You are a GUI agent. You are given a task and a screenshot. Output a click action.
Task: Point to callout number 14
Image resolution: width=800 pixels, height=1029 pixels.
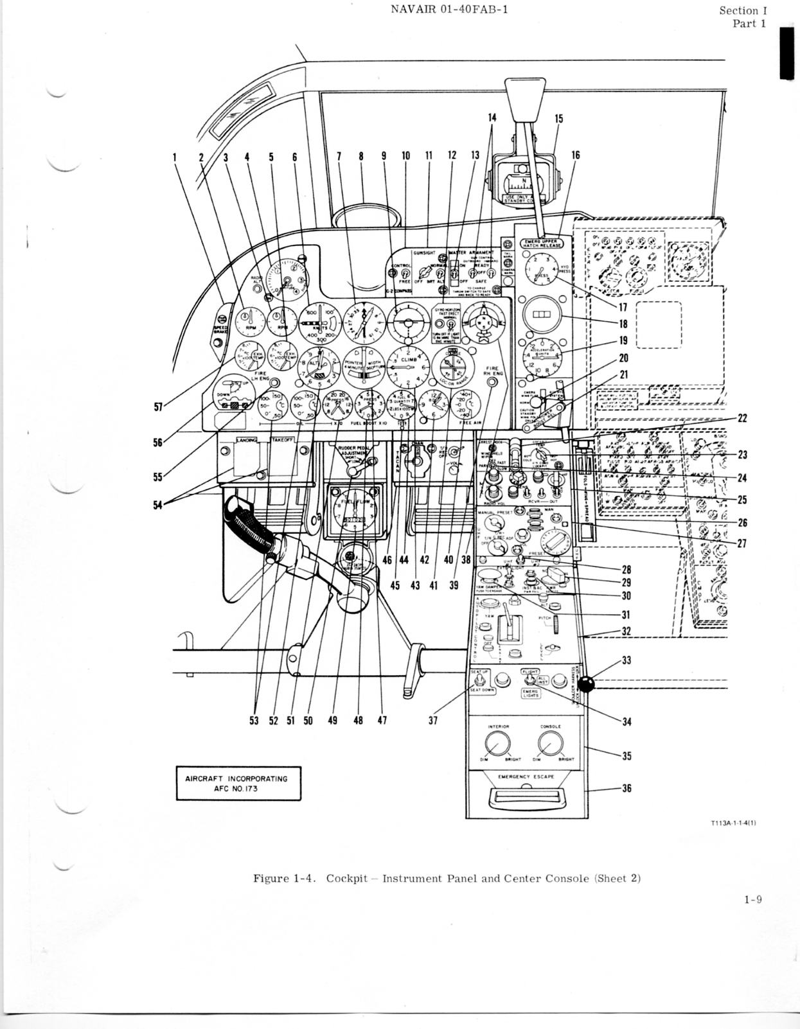[492, 118]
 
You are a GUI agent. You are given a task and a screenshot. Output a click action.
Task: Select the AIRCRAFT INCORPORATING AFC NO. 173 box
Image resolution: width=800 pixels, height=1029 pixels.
[238, 784]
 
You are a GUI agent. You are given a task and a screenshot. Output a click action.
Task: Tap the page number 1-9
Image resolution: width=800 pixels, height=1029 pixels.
[753, 899]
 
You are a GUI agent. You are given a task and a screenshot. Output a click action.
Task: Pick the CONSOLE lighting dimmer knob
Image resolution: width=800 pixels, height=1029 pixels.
[547, 744]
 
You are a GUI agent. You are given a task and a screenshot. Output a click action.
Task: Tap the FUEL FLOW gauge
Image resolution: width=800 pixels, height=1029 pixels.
[353, 511]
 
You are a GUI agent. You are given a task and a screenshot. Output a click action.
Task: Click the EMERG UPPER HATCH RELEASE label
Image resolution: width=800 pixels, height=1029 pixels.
[540, 242]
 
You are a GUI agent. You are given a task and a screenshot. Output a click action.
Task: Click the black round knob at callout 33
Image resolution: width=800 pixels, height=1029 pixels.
[590, 683]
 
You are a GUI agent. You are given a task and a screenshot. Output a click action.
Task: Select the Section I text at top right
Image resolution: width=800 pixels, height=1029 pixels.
[742, 10]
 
